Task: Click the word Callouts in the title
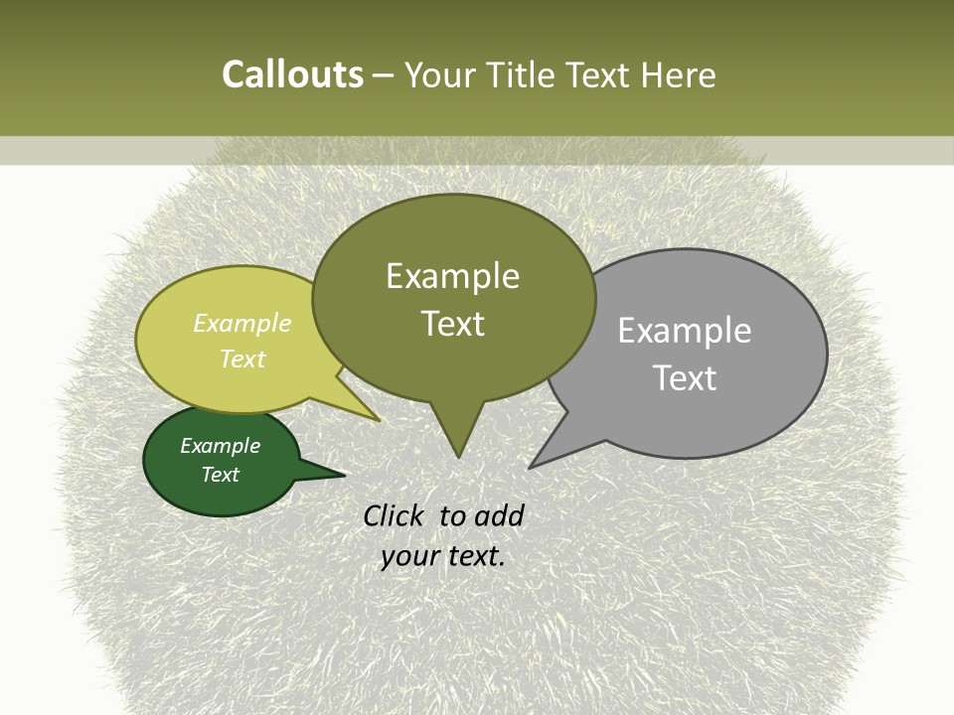coord(292,74)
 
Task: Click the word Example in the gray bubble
coord(684,331)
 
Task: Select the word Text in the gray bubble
coord(684,377)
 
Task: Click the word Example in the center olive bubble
coord(452,276)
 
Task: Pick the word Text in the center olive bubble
coord(452,324)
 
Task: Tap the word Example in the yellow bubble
coord(241,323)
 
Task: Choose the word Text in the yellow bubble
coord(241,358)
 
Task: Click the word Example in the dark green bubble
coord(220,446)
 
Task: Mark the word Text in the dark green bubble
coord(220,475)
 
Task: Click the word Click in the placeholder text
coord(395,515)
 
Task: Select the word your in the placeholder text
coord(408,556)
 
